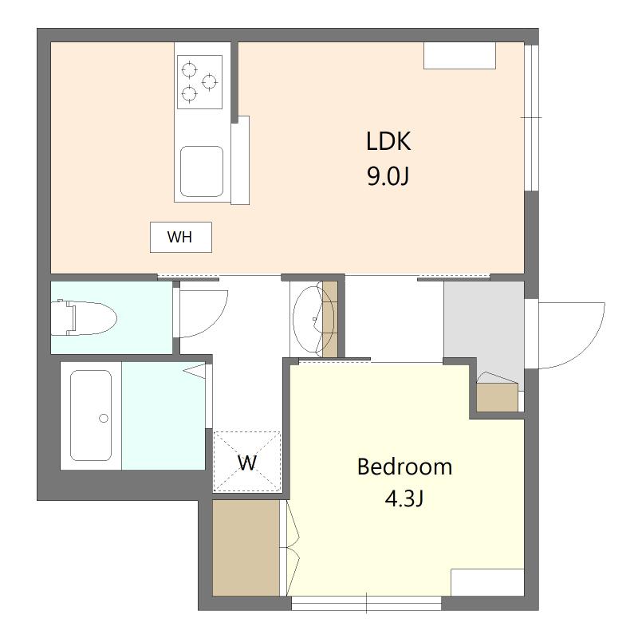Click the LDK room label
pos(388,142)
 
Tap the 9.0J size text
pos(388,176)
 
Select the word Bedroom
pos(404,467)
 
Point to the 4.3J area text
pos(404,498)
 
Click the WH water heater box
pos(181,237)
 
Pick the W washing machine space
pos(247,462)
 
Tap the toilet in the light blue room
pos(85,317)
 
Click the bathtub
pos(91,415)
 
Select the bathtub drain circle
pos(104,418)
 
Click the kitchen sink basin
pos(202,171)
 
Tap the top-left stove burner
pos(189,69)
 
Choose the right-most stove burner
pos(210,82)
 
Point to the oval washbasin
pos(313,320)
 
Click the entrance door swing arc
pos(589,350)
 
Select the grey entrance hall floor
pos(484,329)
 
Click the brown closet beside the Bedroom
pos(246,548)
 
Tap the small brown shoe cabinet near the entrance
pos(497,397)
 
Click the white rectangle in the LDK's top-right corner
pos(460,55)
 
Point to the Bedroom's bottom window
pos(367,603)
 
